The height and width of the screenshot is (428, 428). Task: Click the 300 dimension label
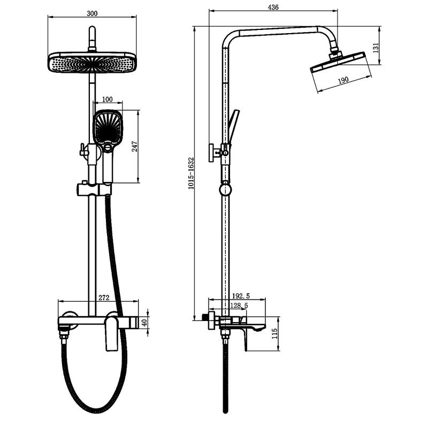92,13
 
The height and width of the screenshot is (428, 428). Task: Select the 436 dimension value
273,7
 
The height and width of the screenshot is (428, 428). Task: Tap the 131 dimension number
376,48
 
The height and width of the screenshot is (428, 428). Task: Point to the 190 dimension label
343,80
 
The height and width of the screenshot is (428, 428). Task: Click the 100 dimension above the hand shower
108,99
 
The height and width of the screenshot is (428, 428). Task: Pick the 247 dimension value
135,147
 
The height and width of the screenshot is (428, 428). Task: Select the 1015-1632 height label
190,173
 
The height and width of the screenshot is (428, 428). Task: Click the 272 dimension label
104,297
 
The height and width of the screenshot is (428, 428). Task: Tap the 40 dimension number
144,323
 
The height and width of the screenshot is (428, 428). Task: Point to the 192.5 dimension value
241,296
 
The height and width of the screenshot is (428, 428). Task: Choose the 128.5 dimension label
239,305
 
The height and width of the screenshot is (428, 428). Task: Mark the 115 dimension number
274,333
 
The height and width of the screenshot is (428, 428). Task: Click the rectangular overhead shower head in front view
92,62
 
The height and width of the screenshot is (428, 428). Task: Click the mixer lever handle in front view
111,332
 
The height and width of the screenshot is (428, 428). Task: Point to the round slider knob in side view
225,189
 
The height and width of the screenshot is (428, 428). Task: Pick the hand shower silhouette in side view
233,126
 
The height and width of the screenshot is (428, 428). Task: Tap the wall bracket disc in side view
211,152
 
